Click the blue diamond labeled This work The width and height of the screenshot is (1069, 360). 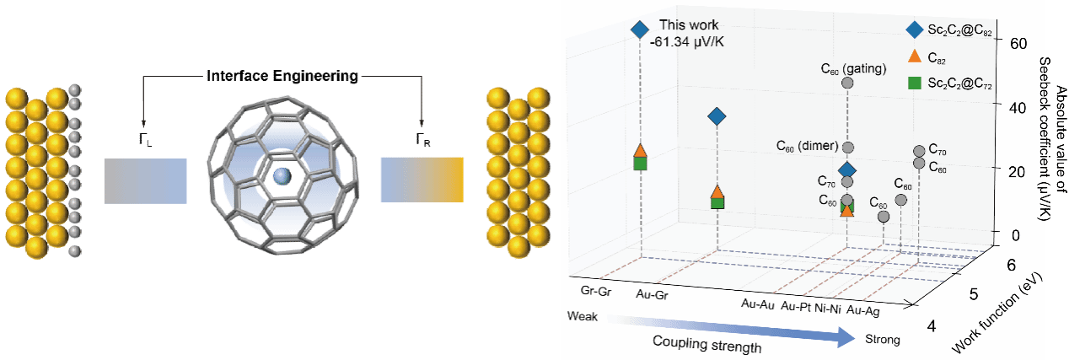tap(639, 30)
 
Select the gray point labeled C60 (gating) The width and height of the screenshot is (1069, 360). tap(847, 83)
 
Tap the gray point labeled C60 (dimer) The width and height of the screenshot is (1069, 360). tap(848, 148)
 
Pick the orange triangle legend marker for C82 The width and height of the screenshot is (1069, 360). tap(914, 56)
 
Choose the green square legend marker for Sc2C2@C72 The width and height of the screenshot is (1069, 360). tap(914, 83)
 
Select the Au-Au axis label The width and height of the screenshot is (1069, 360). tap(758, 304)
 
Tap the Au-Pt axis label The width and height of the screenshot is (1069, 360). tap(798, 306)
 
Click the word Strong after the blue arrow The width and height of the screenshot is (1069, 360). tap(882, 340)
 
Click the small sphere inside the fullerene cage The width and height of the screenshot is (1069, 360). tap(282, 175)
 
